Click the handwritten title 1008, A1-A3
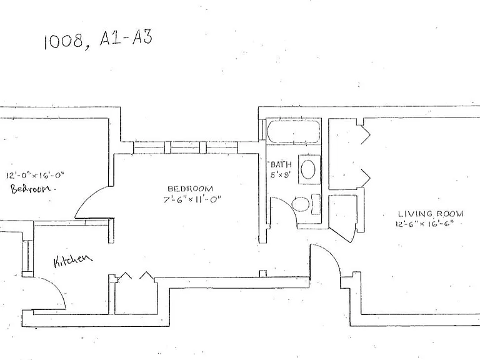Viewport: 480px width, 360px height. point(98,39)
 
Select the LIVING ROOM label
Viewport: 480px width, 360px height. point(431,214)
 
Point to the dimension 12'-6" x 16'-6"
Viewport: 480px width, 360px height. point(424,224)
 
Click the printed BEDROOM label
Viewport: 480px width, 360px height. point(190,189)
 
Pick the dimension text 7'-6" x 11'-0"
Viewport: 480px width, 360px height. point(192,200)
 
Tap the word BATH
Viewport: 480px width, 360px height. point(281,165)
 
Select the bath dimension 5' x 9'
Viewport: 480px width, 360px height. point(280,176)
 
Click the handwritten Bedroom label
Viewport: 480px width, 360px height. point(33,188)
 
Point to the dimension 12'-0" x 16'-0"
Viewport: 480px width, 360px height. point(36,176)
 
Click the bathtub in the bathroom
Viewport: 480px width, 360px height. point(294,131)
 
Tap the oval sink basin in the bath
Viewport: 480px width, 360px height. point(308,169)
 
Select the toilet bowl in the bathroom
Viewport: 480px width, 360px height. point(300,204)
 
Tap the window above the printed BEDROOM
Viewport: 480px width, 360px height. point(186,147)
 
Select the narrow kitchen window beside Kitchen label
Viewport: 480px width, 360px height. point(28,256)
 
